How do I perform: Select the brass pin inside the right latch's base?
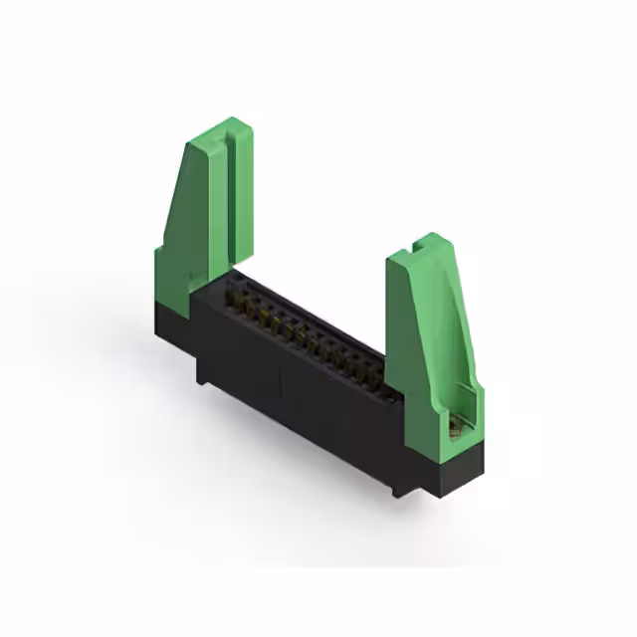459,428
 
